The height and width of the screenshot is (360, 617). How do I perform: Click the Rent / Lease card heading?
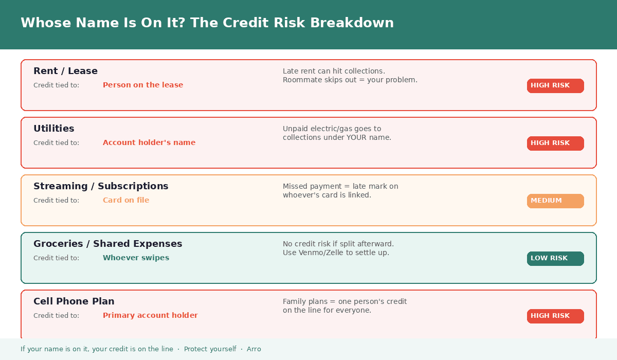pyautogui.click(x=66, y=71)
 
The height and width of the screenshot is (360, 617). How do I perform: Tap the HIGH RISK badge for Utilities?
pyautogui.click(x=555, y=143)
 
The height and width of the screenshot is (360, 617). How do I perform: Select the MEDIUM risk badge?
pyautogui.click(x=555, y=201)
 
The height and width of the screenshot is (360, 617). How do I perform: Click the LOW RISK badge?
pyautogui.click(x=555, y=258)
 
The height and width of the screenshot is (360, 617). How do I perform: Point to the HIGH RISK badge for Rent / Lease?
pyautogui.click(x=555, y=86)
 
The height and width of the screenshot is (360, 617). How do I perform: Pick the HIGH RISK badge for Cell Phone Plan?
pyautogui.click(x=555, y=316)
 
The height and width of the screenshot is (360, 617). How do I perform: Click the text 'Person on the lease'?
pyautogui.click(x=143, y=85)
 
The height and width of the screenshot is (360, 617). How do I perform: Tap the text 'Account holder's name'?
pyautogui.click(x=149, y=142)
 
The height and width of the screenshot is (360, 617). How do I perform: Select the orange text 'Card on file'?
pyautogui.click(x=126, y=200)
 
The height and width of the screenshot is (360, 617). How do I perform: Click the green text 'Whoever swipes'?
pyautogui.click(x=136, y=258)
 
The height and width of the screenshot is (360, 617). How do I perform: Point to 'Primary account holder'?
pyautogui.click(x=150, y=315)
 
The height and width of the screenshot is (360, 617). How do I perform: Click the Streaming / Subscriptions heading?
pyautogui.click(x=101, y=186)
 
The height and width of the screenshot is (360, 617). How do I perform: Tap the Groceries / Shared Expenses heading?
pyautogui.click(x=107, y=244)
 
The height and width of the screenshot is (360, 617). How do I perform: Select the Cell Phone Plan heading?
pyautogui.click(x=74, y=301)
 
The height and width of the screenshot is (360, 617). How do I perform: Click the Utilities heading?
pyautogui.click(x=53, y=129)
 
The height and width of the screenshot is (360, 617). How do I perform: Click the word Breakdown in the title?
pyautogui.click(x=352, y=23)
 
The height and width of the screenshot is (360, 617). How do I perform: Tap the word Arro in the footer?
pyautogui.click(x=253, y=349)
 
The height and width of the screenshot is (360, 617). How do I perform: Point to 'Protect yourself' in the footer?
pyautogui.click(x=210, y=349)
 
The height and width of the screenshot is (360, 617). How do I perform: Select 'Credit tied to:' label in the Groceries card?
pyautogui.click(x=56, y=258)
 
